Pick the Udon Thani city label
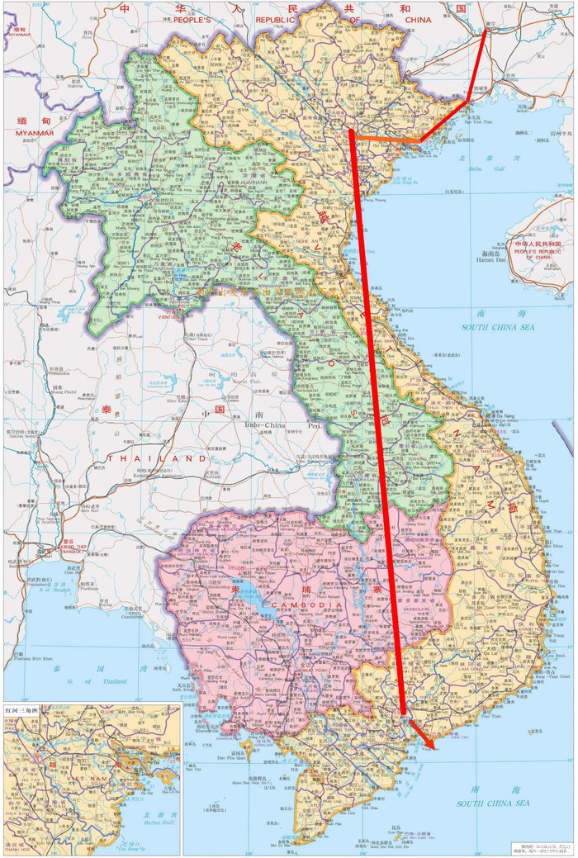(x=197, y=338)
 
